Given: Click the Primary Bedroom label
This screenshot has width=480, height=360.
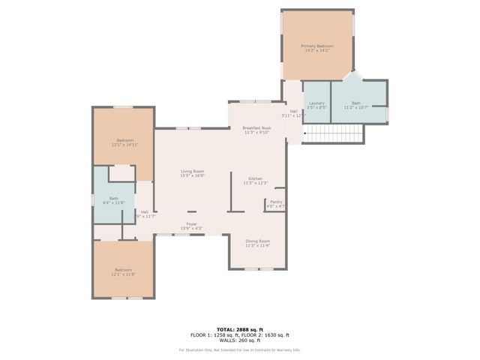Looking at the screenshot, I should tap(317, 46).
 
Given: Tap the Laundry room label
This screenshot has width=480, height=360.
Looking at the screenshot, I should tap(316, 103).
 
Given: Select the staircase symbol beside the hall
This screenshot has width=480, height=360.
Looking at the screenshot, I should tap(334, 134).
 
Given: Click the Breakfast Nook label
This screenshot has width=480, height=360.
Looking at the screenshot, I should tap(256, 127).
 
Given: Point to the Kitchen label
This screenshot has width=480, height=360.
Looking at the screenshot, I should tap(256, 178).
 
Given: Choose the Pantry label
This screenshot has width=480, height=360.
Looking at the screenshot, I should tap(276, 202).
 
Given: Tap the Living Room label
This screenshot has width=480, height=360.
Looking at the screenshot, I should tap(192, 171).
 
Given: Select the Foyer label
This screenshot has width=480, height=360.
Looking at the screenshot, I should tap(192, 223).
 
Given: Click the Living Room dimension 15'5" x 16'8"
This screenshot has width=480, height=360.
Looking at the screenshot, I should tap(192, 175).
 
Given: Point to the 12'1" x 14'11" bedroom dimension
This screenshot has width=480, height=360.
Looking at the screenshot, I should tap(124, 144).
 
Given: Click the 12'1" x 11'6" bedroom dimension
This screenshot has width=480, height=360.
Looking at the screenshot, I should tap(123, 274).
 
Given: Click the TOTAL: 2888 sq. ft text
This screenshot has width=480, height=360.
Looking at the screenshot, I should tap(239, 329).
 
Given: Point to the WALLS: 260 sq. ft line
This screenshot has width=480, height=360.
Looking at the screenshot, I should tap(239, 340).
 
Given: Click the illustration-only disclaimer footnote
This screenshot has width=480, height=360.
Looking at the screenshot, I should tap(239, 349).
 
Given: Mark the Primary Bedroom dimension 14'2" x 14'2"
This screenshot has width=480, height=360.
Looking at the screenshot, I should tap(317, 50).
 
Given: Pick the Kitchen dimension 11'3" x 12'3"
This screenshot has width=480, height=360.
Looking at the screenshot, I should tap(256, 183).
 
